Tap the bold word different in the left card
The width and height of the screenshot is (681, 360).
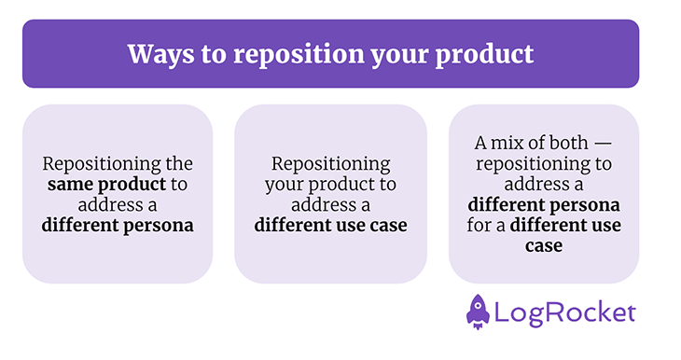76,225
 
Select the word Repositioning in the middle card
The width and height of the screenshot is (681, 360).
330,163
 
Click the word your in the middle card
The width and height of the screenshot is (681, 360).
283,184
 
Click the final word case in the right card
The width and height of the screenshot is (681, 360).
543,245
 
